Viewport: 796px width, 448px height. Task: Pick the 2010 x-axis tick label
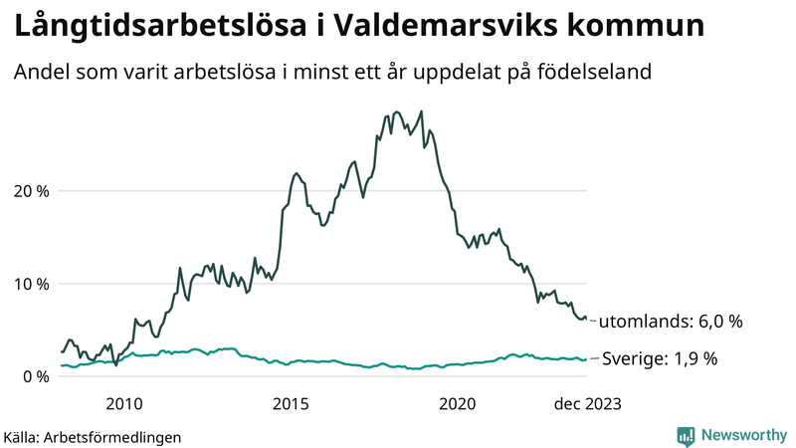point(123,404)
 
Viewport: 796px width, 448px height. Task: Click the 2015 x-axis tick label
point(291,404)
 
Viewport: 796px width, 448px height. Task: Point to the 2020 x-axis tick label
point(458,404)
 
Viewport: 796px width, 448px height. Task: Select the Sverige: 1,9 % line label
point(660,358)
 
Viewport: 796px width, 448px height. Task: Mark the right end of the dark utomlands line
point(587,319)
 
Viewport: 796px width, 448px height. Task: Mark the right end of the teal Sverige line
point(587,359)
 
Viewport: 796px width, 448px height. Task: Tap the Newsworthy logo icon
point(686,435)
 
